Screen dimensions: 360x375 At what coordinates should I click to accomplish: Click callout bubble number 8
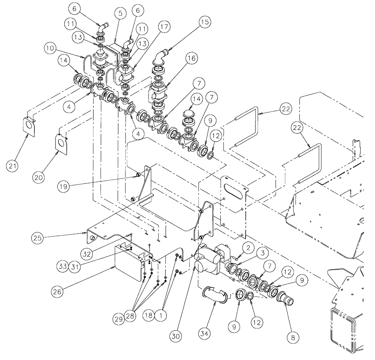click(x=294, y=337)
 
